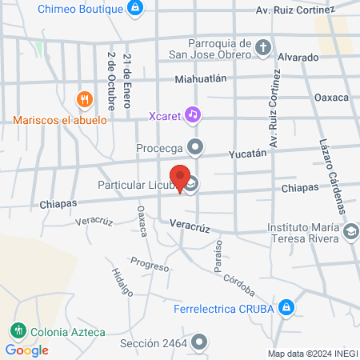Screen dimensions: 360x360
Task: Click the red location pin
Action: point(180,178)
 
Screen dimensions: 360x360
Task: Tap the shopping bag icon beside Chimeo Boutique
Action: point(136,9)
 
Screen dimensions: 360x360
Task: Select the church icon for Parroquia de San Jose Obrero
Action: point(263,49)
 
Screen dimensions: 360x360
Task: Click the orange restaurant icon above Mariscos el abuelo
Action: point(83,100)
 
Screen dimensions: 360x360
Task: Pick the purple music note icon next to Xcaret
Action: point(192,114)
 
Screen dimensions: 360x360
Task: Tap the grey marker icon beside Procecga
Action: point(197,147)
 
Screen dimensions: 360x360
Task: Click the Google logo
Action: point(26,350)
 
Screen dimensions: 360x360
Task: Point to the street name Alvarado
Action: point(298,58)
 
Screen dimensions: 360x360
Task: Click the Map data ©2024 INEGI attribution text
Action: point(312,353)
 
